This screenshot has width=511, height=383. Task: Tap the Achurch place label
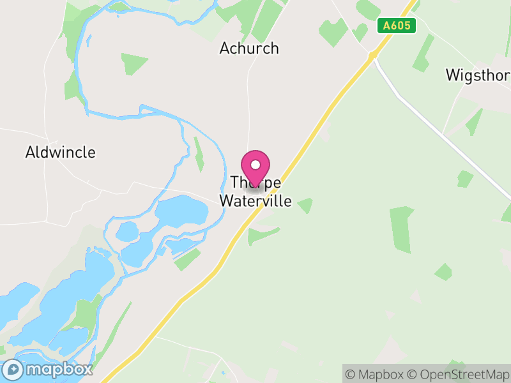click(x=249, y=48)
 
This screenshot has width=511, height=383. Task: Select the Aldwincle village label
click(x=61, y=153)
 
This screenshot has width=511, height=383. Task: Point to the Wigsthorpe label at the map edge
click(x=478, y=75)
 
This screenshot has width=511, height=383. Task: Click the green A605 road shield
click(x=397, y=26)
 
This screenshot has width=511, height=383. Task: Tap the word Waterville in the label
click(x=256, y=201)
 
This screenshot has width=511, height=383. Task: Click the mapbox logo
click(x=47, y=369)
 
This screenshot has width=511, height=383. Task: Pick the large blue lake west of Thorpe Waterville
click(x=181, y=211)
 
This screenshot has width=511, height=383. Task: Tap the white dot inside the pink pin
click(x=256, y=164)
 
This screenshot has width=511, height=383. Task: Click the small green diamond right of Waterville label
click(x=305, y=205)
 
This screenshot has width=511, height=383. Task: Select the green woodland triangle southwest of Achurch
click(x=133, y=63)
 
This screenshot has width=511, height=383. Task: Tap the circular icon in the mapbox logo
click(x=13, y=369)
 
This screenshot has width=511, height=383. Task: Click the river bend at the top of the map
click(x=118, y=8)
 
